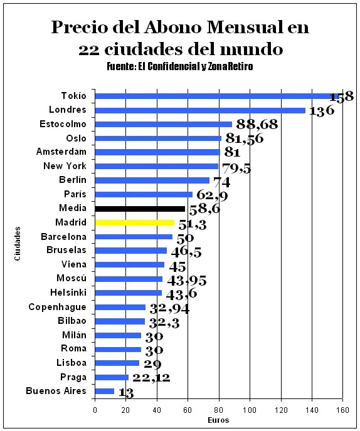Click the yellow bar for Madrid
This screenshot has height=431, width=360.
135,222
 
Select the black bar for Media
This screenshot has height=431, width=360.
140,209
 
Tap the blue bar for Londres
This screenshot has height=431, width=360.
200,110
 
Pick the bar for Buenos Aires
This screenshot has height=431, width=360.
105,391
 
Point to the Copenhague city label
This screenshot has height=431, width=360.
58,308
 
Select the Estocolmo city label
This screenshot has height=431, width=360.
63,124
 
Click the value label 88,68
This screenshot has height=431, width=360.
257,124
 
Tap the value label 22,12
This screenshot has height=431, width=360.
151,378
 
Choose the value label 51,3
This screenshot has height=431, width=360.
193,224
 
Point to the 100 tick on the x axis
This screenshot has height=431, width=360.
250,410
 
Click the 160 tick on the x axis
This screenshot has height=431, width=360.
342,410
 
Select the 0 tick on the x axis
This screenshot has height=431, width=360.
95,410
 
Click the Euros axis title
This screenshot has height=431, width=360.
218,420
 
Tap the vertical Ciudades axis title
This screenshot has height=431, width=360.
18,244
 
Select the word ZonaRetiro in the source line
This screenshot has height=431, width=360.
230,66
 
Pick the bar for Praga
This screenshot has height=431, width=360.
112,377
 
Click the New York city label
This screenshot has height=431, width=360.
65,166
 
